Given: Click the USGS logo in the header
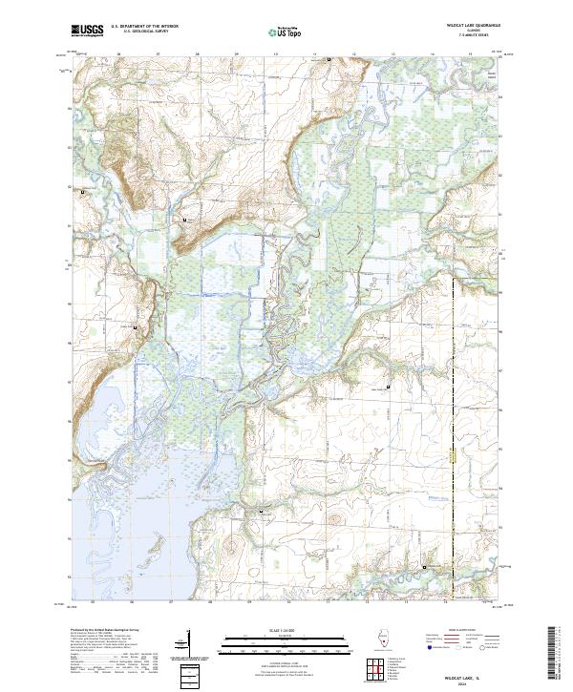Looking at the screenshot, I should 87,31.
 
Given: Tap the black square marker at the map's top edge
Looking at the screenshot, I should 329,60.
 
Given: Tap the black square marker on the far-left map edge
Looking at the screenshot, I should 82,194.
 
